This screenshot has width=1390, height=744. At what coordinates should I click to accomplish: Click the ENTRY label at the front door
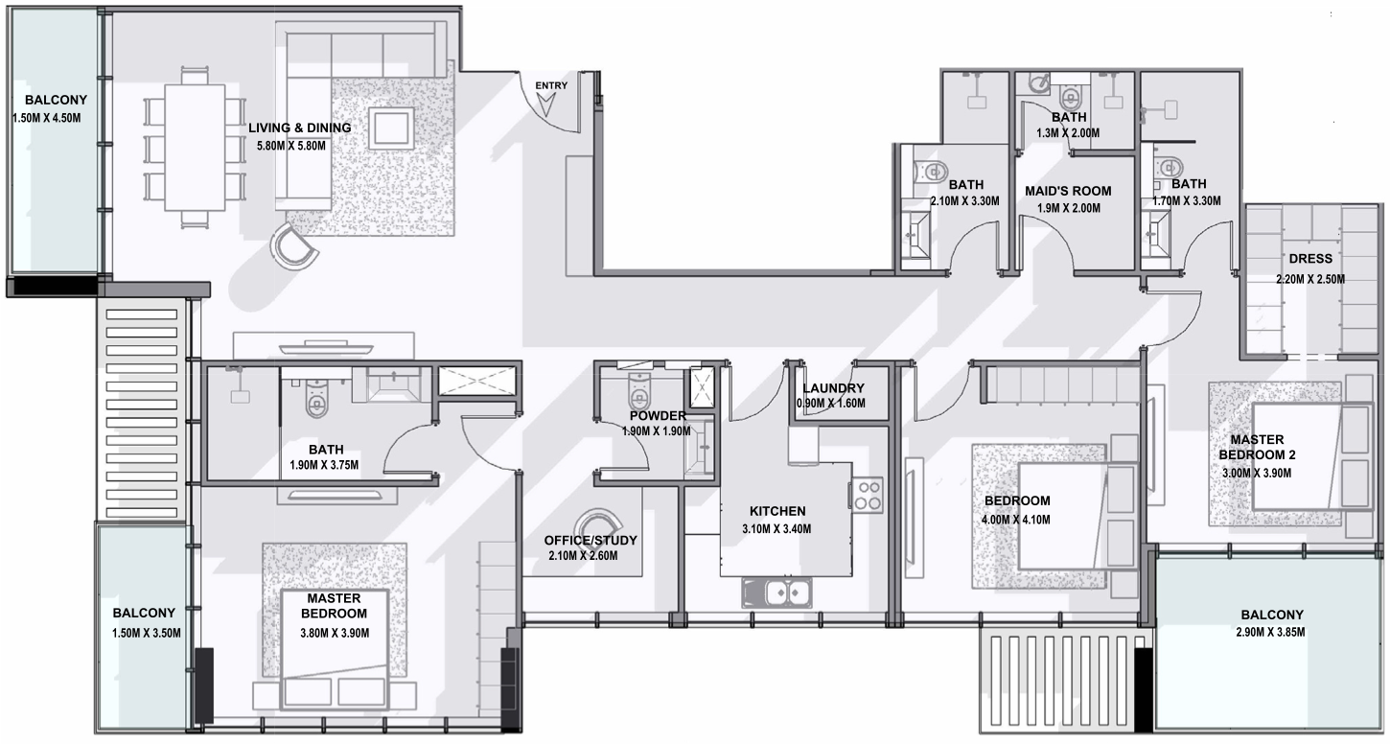[551, 85]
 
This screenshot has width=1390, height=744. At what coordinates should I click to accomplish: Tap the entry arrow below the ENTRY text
[546, 105]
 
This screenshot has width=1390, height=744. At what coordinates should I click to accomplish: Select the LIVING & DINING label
[300, 128]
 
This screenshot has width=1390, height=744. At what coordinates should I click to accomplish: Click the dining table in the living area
[195, 148]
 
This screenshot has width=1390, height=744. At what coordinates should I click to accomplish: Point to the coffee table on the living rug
[391, 128]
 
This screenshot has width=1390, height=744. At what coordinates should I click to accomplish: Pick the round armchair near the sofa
[293, 246]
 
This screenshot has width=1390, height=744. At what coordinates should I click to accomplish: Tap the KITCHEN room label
[777, 511]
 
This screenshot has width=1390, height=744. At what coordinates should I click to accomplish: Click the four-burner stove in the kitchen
[867, 495]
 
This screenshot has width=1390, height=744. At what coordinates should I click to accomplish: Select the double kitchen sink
[776, 593]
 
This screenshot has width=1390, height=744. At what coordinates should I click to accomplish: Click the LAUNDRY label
[833, 388]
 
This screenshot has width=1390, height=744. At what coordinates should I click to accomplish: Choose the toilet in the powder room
[639, 390]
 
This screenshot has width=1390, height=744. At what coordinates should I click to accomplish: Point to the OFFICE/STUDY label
[591, 541]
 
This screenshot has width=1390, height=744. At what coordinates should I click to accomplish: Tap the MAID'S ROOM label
[1068, 191]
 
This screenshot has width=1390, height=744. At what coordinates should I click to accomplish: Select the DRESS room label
[1310, 259]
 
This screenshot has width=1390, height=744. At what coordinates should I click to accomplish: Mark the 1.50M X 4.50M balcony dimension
[47, 118]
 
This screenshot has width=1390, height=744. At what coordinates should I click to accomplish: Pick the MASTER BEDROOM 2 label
[1257, 448]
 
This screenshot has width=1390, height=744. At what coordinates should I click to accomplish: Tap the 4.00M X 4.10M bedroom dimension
[1016, 520]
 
